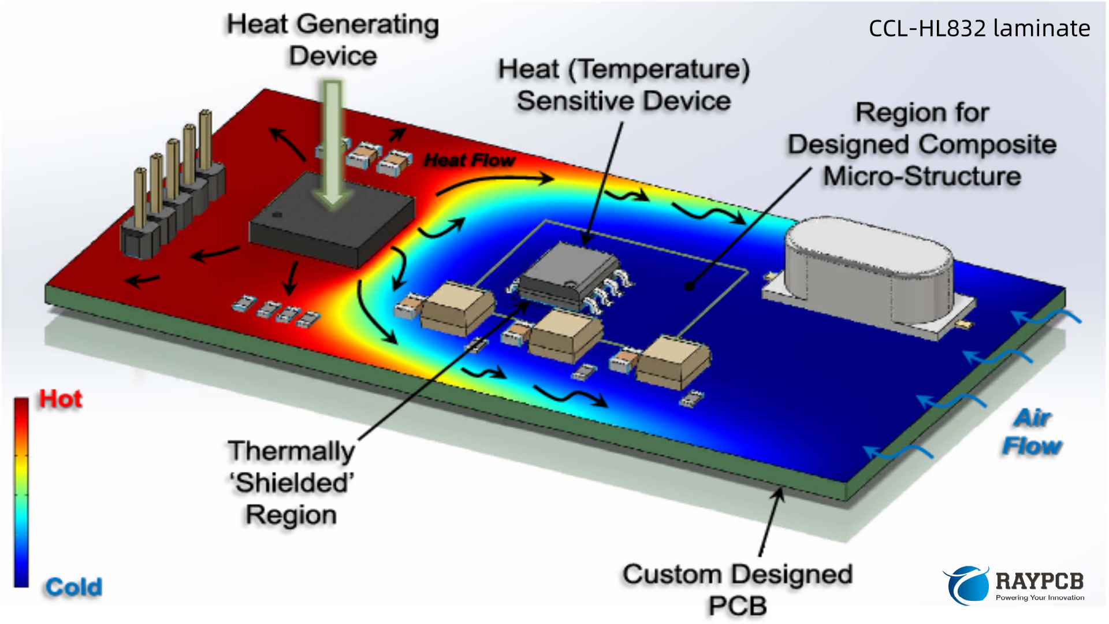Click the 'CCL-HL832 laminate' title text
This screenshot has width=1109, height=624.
[979, 28]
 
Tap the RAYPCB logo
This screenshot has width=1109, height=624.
[1014, 585]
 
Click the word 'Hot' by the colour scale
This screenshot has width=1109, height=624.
[60, 399]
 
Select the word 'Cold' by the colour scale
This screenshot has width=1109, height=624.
[73, 587]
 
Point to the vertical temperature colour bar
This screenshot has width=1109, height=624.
[21, 492]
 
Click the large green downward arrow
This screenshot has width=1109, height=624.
[332, 144]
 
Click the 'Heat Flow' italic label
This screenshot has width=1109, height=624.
[469, 160]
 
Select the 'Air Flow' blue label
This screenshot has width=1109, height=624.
[1032, 432]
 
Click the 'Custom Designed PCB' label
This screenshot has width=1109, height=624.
[737, 590]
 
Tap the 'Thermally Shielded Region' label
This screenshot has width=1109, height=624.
[291, 482]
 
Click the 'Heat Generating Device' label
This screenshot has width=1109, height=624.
[333, 40]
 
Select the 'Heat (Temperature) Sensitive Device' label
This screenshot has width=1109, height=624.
[624, 85]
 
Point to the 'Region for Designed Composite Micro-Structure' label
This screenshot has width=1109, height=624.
[922, 144]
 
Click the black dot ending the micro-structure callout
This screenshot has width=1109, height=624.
[690, 287]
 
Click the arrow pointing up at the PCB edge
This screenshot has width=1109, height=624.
[771, 520]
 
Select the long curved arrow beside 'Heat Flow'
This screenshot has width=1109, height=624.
[494, 181]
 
